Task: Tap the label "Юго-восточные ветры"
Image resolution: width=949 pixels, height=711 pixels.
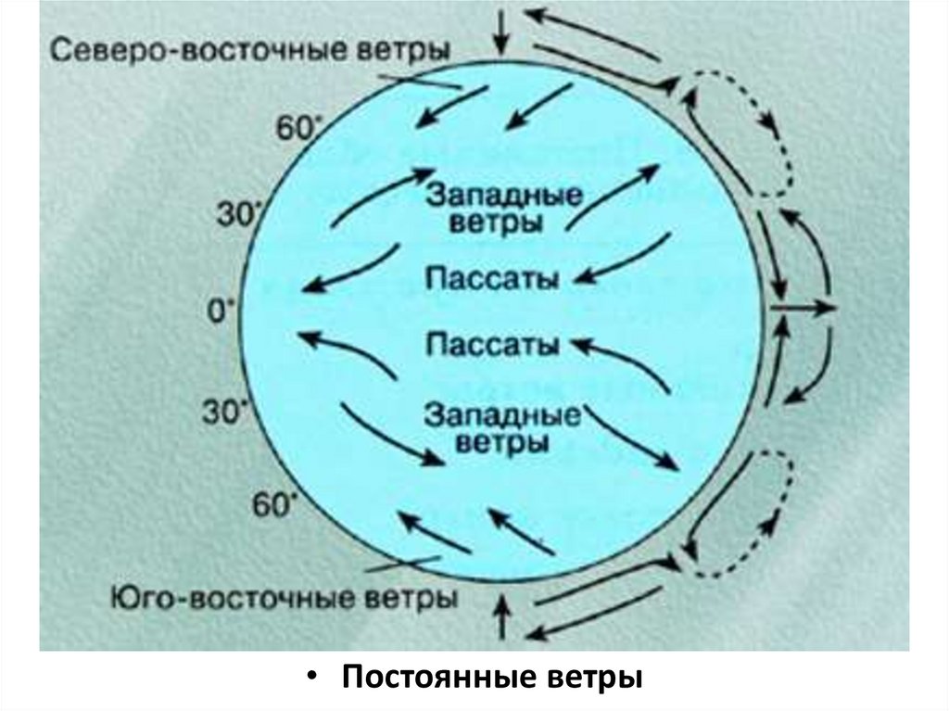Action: tap(284, 596)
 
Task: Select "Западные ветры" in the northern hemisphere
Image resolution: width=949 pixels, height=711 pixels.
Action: tap(504, 209)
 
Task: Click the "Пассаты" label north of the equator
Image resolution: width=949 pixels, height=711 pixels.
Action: tap(491, 279)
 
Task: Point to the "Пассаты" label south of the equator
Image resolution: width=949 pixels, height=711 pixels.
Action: tap(491, 345)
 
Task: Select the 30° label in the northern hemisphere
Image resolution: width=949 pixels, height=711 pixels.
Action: tap(234, 215)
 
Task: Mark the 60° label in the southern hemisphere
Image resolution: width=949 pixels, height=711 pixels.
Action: tap(274, 505)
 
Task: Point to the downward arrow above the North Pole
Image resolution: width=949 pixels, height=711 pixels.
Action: tap(501, 30)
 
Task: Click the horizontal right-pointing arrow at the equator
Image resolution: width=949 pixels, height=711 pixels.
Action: tap(804, 307)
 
